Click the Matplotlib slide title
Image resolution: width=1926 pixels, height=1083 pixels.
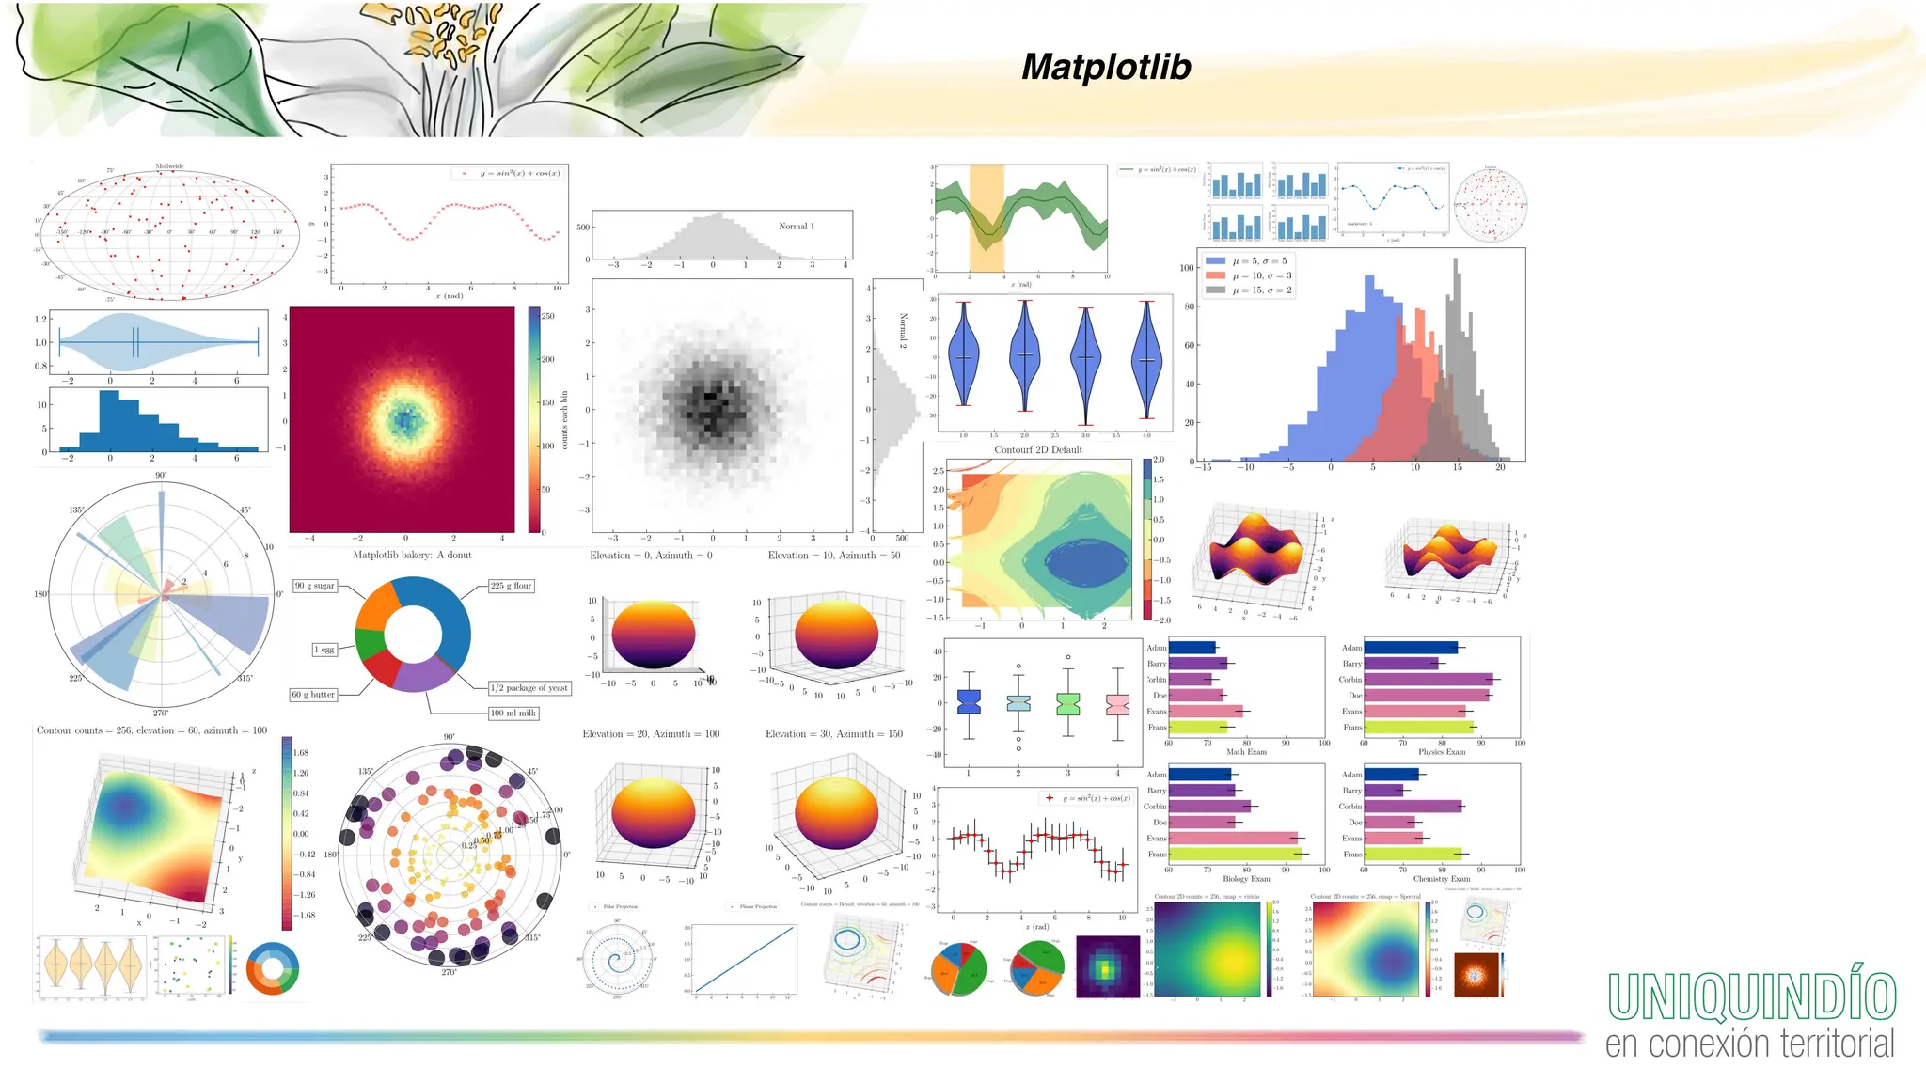pyautogui.click(x=1106, y=67)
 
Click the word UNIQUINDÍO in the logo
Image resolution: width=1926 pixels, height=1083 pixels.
pyautogui.click(x=1751, y=997)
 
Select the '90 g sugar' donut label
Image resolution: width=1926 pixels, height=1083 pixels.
pyautogui.click(x=315, y=585)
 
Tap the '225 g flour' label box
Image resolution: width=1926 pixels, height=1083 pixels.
pyautogui.click(x=511, y=585)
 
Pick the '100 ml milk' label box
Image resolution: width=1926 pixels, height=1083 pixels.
pyautogui.click(x=513, y=713)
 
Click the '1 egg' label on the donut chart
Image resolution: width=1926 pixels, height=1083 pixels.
pyautogui.click(x=324, y=650)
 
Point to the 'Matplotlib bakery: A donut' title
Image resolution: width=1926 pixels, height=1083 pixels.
pyautogui.click(x=412, y=555)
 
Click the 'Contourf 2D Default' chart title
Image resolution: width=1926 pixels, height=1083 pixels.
pyautogui.click(x=1038, y=449)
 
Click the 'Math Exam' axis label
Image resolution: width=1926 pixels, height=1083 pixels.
pyautogui.click(x=1246, y=752)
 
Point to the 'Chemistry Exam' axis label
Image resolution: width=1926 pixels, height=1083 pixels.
pyautogui.click(x=1441, y=879)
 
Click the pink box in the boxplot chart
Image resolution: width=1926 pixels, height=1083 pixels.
pyautogui.click(x=1117, y=704)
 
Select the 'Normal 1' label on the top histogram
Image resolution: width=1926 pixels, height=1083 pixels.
pyautogui.click(x=796, y=226)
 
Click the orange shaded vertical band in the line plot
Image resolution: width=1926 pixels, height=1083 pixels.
pyautogui.click(x=986, y=219)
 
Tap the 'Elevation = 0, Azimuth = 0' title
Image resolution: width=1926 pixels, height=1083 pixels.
pyautogui.click(x=651, y=556)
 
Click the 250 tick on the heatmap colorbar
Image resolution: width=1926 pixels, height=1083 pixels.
pyautogui.click(x=547, y=316)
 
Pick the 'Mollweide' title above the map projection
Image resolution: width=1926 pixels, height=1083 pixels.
pyautogui.click(x=169, y=166)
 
